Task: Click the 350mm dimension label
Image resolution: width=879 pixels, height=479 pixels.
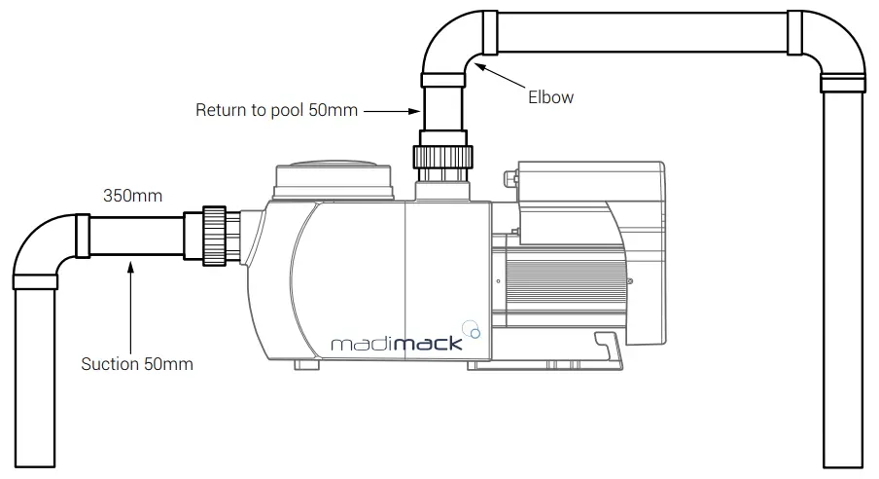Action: (x=133, y=196)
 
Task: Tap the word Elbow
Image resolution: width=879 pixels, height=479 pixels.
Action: (x=550, y=97)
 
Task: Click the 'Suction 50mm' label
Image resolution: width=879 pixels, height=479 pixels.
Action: (x=137, y=365)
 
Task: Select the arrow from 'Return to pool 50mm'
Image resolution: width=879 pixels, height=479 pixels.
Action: (x=389, y=111)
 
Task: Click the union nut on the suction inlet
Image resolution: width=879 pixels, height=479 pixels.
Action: (x=214, y=235)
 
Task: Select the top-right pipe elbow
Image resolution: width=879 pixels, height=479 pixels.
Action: (x=836, y=44)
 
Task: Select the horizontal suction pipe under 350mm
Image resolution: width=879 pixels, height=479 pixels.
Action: (x=136, y=236)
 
